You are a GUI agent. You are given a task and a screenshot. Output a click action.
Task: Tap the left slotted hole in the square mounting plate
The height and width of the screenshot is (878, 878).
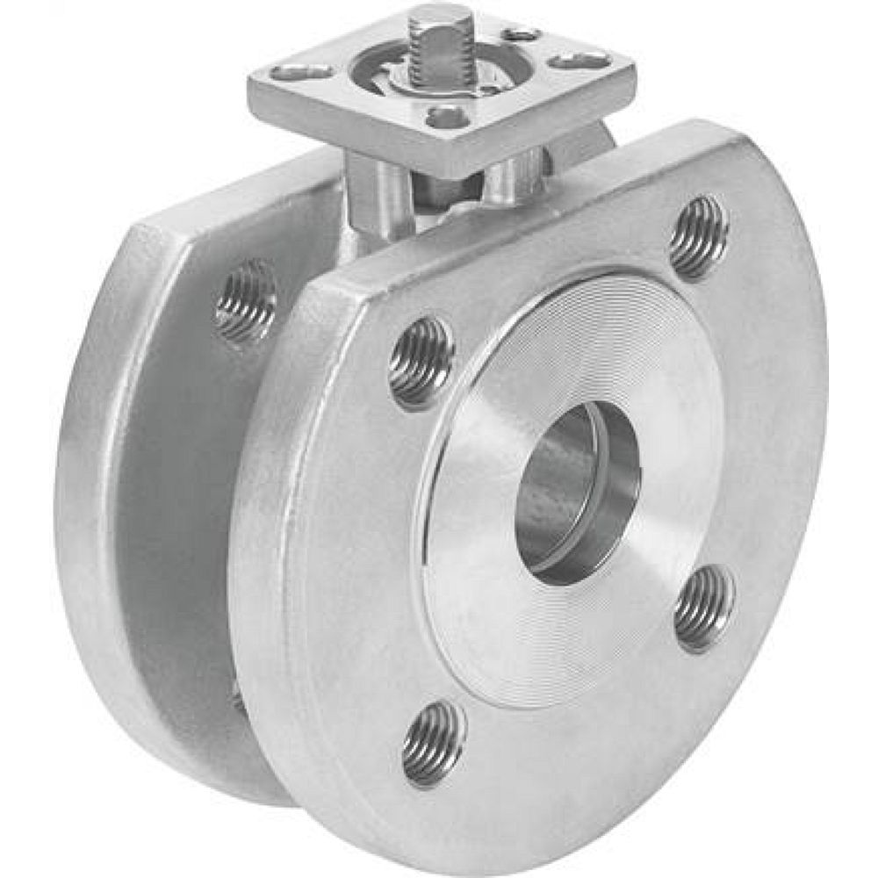[301, 71]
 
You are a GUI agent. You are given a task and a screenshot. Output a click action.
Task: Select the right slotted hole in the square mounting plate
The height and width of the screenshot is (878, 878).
[580, 60]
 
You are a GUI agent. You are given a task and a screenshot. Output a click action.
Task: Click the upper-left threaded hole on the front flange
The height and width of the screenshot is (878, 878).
[421, 362]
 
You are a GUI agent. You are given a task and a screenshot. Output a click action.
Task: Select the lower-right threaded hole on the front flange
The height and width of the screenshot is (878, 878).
[705, 608]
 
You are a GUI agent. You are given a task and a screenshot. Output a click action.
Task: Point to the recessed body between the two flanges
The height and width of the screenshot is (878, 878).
[176, 527]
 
